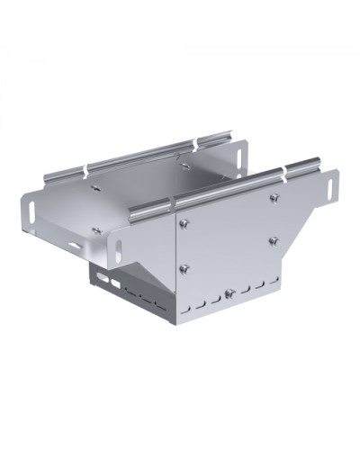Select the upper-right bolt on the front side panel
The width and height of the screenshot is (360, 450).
pyautogui.click(x=273, y=198)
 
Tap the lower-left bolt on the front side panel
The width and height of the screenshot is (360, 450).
pyautogui.click(x=184, y=267)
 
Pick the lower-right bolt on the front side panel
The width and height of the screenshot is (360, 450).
pyautogui.click(x=273, y=239)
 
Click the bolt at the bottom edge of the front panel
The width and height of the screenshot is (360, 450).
pyautogui.click(x=229, y=292)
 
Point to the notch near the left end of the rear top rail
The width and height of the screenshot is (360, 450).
pyautogui.click(x=87, y=168)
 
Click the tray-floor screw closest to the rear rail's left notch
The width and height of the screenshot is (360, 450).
pyautogui.click(x=94, y=188)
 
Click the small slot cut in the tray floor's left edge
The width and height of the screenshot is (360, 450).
pyautogui.click(x=69, y=243)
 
